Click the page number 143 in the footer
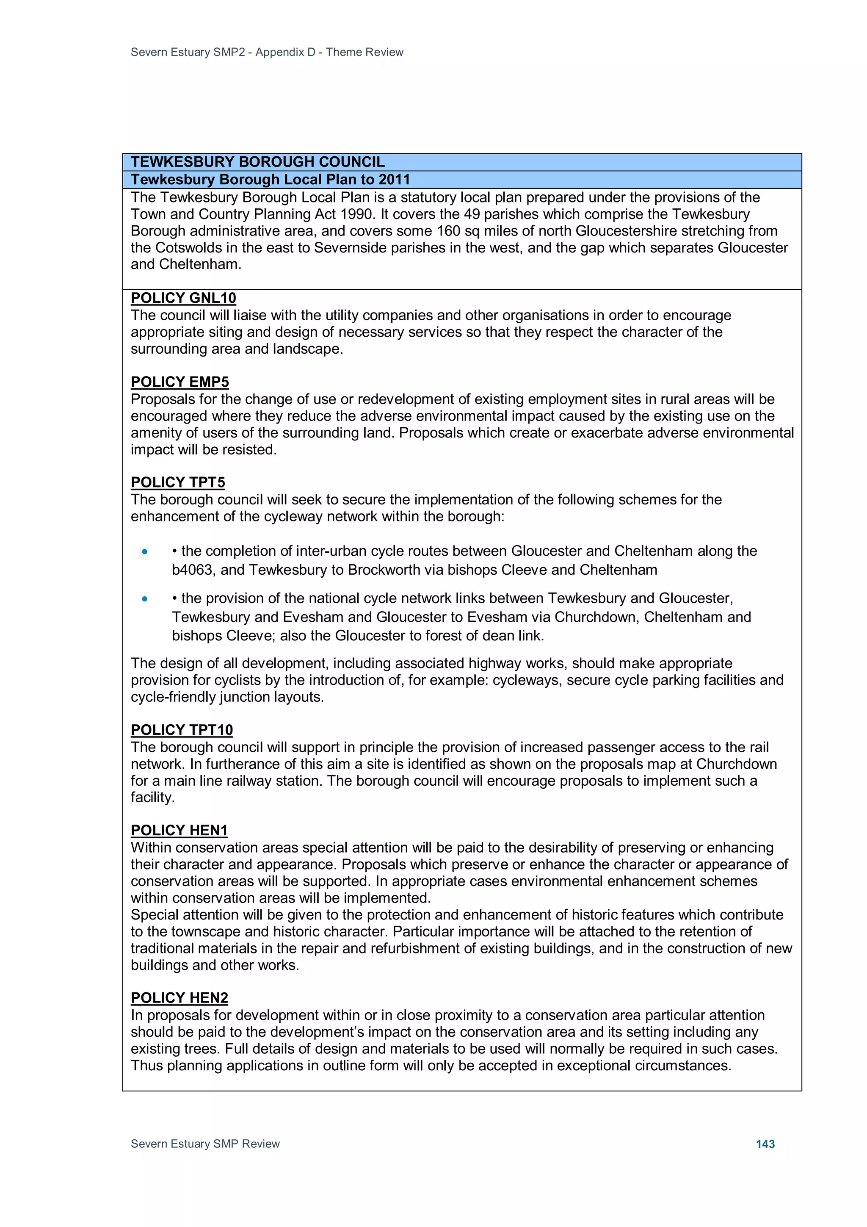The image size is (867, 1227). [765, 1144]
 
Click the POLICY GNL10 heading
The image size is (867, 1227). [183, 298]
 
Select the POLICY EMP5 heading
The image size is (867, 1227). [179, 382]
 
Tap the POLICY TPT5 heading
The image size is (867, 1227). [178, 482]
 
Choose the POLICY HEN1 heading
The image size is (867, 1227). [179, 830]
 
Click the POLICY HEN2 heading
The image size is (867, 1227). [179, 998]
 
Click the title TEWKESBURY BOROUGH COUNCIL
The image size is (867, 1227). [257, 162]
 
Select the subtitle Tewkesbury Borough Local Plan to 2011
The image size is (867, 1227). [271, 180]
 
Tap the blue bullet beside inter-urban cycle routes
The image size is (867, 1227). [145, 551]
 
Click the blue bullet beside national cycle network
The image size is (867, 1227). [145, 598]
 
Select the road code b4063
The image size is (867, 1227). [192, 570]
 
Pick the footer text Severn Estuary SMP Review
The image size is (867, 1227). [205, 1144]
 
